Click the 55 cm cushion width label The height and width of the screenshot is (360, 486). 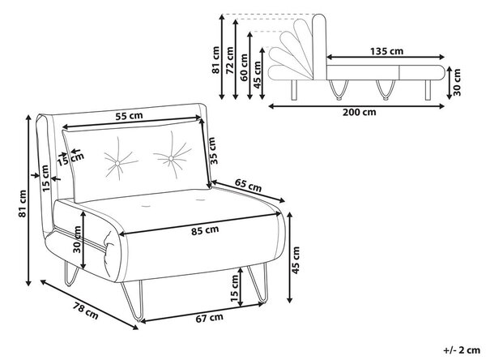(x=129, y=116)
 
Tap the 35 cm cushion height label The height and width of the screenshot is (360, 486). (x=211, y=151)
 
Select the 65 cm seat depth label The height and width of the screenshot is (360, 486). (x=248, y=186)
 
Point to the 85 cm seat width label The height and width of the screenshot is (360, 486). (x=205, y=230)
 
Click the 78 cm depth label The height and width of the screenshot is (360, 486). (x=86, y=311)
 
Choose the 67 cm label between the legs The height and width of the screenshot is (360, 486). (x=209, y=318)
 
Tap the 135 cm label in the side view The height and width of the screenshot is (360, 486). (x=387, y=51)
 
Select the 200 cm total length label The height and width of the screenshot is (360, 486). (x=359, y=112)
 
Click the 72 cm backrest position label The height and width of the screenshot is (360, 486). (x=230, y=60)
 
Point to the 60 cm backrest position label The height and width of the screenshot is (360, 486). (x=244, y=67)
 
